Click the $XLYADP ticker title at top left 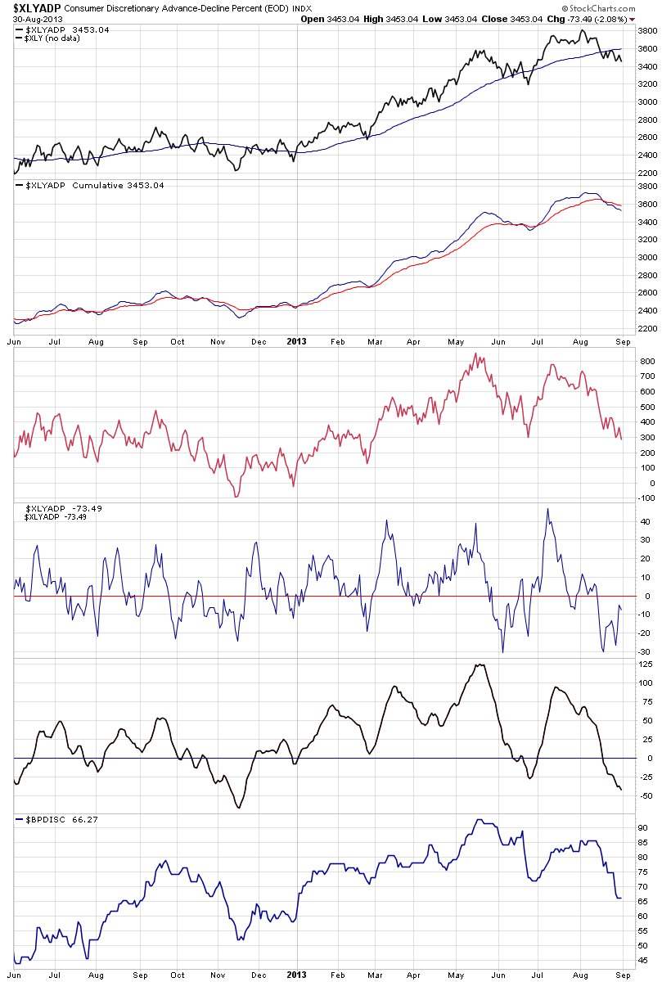pos(32,7)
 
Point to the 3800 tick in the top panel pos(647,31)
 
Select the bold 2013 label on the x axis pos(296,342)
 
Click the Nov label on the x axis pos(217,342)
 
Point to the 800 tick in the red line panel pos(649,361)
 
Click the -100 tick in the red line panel pos(647,497)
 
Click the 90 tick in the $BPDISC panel pos(645,828)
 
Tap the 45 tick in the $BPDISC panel pos(645,961)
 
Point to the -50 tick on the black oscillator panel pos(646,796)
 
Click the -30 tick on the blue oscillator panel pos(646,651)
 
